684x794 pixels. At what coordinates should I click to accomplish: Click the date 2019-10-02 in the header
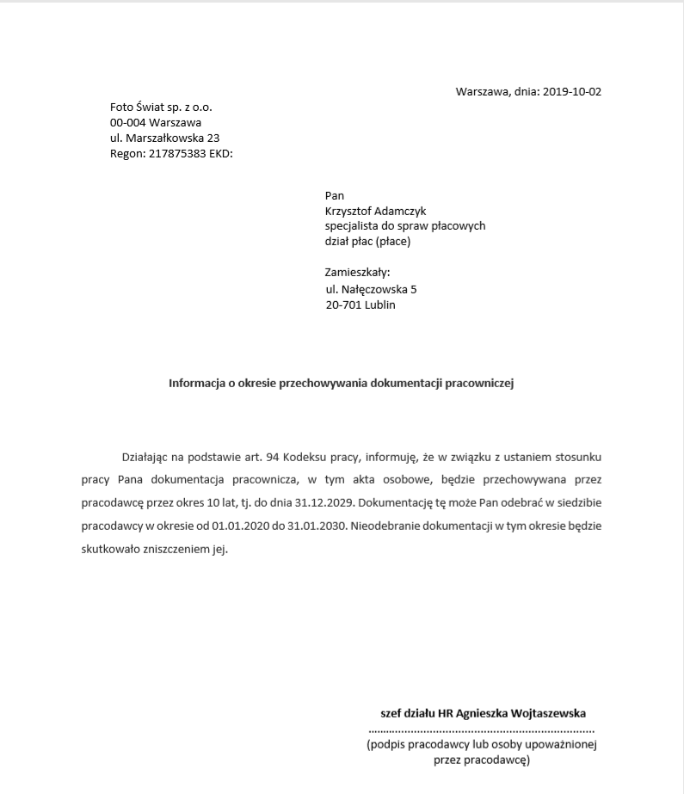572,91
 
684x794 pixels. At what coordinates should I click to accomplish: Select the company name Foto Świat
142,108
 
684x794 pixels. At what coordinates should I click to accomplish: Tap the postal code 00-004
127,123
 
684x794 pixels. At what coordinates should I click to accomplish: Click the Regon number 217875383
177,154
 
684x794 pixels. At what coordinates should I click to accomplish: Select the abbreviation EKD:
221,154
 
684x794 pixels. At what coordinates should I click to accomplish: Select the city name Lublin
379,305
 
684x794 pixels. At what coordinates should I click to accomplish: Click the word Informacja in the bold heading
197,384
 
